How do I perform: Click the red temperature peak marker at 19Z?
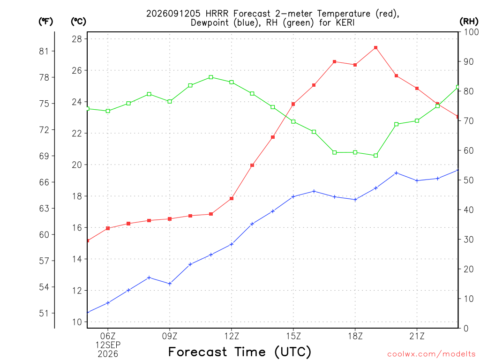(x=375, y=48)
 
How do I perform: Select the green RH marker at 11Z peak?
(x=211, y=77)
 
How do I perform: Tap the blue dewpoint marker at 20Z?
(x=397, y=173)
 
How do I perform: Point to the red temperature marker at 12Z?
(x=232, y=198)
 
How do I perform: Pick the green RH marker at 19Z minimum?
(x=375, y=156)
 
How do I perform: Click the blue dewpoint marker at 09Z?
(x=170, y=284)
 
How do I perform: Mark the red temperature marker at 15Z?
(x=293, y=104)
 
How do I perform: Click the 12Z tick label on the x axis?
(x=232, y=336)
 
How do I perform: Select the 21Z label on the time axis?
(x=417, y=336)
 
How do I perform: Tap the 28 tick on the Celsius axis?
(x=77, y=39)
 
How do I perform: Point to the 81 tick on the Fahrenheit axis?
(x=44, y=51)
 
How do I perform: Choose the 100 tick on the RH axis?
(x=472, y=32)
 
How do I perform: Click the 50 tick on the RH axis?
(x=469, y=180)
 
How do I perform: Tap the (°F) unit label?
(x=45, y=22)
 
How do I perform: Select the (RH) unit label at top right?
(x=469, y=22)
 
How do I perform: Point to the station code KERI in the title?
(x=345, y=22)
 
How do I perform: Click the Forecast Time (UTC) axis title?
(x=240, y=352)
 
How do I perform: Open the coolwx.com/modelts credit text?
(x=431, y=354)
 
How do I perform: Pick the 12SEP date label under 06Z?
(x=108, y=345)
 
